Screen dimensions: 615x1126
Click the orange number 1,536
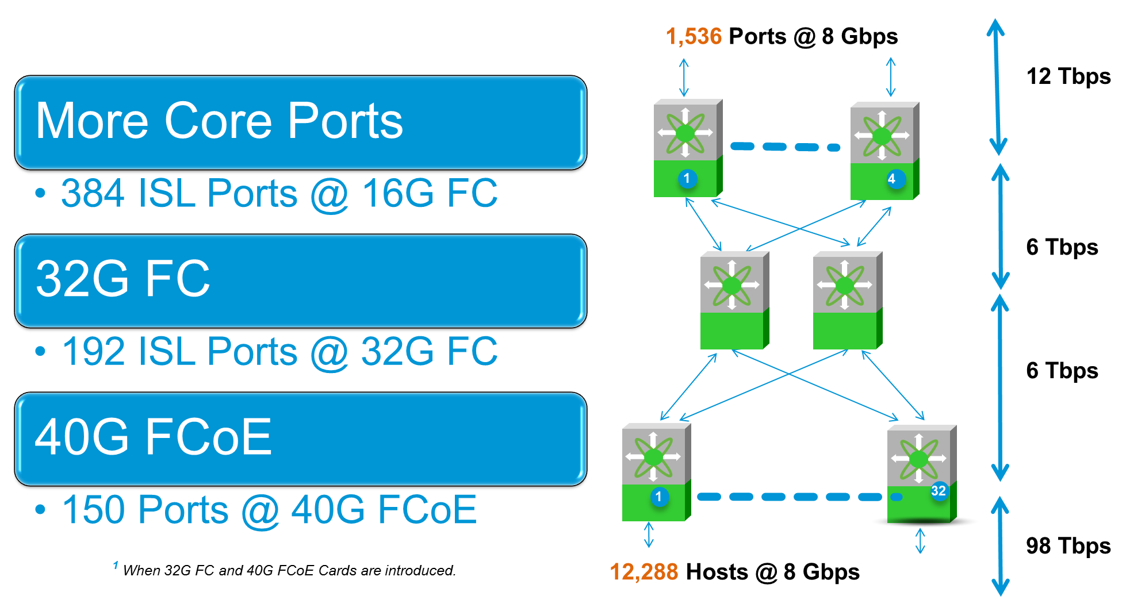click(694, 36)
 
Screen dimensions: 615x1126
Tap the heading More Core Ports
click(219, 121)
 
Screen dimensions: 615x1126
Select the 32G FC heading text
click(123, 279)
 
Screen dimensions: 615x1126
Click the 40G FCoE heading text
click(153, 437)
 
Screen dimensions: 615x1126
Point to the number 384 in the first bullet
click(93, 193)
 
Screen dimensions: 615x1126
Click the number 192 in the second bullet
click(94, 351)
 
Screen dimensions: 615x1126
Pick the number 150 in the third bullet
click(94, 510)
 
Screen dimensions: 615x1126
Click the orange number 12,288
click(644, 572)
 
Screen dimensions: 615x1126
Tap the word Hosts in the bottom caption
click(717, 572)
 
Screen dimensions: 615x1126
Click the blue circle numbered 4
click(891, 179)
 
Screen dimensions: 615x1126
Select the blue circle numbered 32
click(939, 490)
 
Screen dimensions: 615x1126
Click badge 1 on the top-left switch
click(687, 178)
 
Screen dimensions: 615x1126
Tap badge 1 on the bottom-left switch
click(659, 497)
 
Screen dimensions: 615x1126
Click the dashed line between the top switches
click(786, 147)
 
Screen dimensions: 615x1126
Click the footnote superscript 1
click(116, 566)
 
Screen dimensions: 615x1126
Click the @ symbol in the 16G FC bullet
click(330, 194)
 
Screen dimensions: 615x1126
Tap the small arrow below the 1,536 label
click(684, 78)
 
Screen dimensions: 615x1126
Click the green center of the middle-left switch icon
click(731, 285)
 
